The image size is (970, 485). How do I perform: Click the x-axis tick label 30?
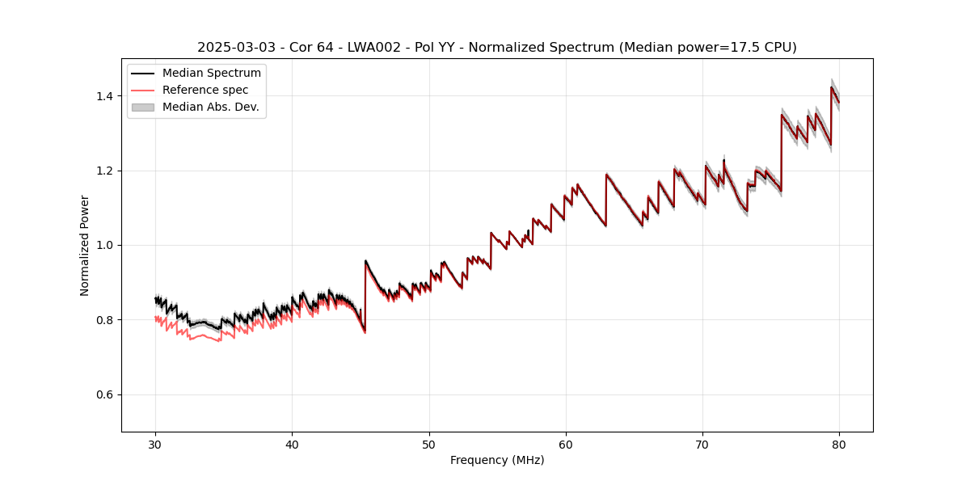coord(155,444)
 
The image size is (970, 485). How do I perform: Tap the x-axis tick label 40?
coord(292,444)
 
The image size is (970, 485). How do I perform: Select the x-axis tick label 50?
coord(429,444)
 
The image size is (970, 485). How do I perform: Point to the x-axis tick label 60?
coord(566,444)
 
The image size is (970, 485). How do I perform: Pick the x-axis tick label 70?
coord(702,444)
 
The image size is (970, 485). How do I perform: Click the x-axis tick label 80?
coord(839,444)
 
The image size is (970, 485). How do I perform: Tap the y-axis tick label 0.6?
coord(104,394)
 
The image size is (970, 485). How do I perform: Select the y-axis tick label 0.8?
coord(104,320)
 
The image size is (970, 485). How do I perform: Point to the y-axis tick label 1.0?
coord(104,245)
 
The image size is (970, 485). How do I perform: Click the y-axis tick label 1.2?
coord(104,171)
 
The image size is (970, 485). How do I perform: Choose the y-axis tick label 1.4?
coord(104,96)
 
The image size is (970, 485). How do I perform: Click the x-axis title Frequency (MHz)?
coord(497,460)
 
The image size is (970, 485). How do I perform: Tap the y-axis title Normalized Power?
coord(84,245)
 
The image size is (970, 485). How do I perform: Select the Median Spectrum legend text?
coord(212,74)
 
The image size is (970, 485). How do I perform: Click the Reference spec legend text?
coord(205,90)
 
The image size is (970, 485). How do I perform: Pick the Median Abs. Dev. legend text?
coord(211,107)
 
